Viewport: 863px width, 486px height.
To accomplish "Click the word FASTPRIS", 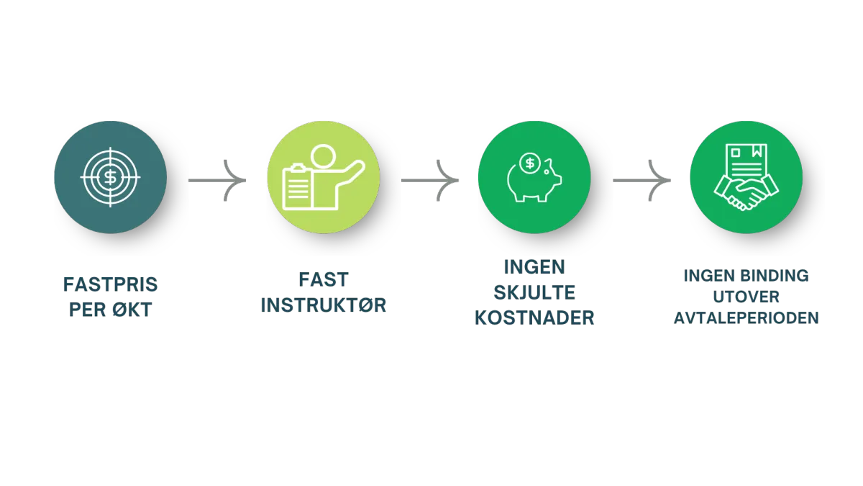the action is click(x=110, y=284).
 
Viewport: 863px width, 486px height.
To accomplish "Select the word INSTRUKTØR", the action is click(x=323, y=305).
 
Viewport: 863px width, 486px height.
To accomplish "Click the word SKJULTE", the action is click(x=534, y=292).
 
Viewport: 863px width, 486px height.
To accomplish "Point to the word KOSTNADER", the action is click(x=534, y=318).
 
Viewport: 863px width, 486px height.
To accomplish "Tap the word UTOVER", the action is click(x=746, y=297).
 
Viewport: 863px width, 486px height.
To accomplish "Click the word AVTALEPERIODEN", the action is click(x=746, y=318).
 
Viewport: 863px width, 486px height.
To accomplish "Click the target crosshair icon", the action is click(x=110, y=177).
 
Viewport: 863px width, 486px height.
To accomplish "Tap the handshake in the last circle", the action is click(x=746, y=193).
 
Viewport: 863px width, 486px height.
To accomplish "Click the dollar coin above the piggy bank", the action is click(x=530, y=163).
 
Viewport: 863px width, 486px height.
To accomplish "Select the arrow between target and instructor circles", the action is click(x=217, y=180).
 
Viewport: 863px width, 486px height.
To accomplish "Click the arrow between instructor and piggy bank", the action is click(x=430, y=180).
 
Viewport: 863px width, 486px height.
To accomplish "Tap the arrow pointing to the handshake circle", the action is click(x=641, y=180).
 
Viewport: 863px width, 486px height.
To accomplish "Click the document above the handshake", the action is click(x=746, y=162).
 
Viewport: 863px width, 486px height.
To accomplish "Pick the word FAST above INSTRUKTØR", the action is click(x=324, y=279).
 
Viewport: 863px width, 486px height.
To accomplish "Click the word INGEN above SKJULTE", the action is click(x=534, y=267).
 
